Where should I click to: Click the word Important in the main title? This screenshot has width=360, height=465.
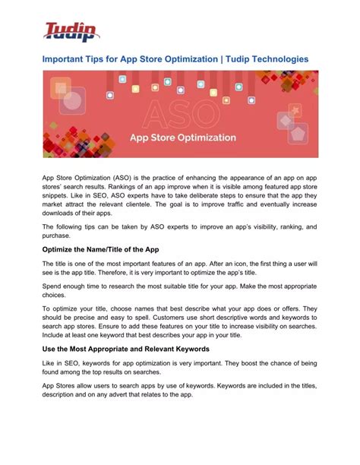tap(67, 59)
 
